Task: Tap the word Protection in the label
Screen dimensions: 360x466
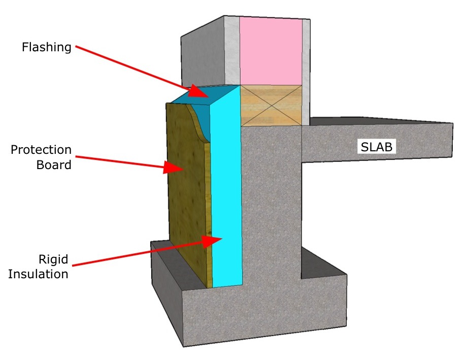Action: click(41, 151)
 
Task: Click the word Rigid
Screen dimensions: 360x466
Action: click(53, 260)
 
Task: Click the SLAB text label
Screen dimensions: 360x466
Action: click(377, 147)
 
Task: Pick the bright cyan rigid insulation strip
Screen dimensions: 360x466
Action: click(226, 203)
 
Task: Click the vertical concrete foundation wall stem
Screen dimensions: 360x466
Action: click(272, 203)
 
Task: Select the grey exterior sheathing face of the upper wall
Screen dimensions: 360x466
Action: click(203, 56)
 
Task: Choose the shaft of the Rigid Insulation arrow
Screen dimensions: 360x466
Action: click(137, 253)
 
